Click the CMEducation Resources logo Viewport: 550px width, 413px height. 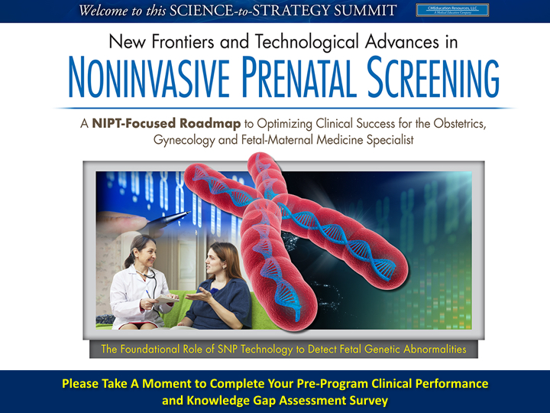451,10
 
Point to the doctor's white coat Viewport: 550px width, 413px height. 131,294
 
